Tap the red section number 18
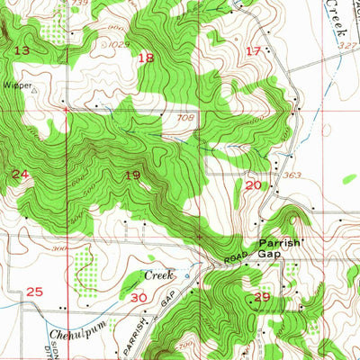point(146,58)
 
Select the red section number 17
point(253,50)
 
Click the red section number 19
point(133,176)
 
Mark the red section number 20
point(253,184)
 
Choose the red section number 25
point(35,292)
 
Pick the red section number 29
point(262,297)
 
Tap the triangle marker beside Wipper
point(34,90)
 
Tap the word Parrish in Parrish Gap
point(278,243)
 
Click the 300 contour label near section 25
point(61,248)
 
